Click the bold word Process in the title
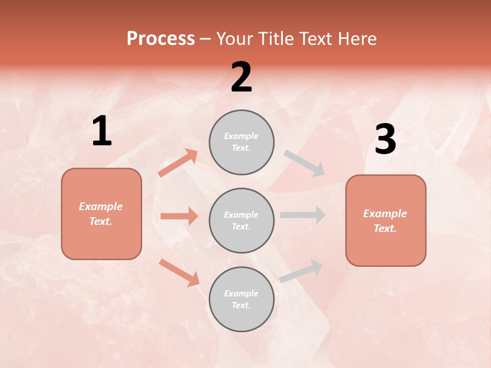pyautogui.click(x=161, y=39)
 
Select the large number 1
pyautogui.click(x=102, y=131)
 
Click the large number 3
pyautogui.click(x=385, y=139)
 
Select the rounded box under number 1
pyautogui.click(x=101, y=214)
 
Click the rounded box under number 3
pyautogui.click(x=386, y=221)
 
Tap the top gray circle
pyautogui.click(x=241, y=142)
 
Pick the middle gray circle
pyautogui.click(x=241, y=220)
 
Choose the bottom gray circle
pyautogui.click(x=241, y=299)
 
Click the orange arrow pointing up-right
pyautogui.click(x=178, y=163)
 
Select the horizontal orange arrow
pyautogui.click(x=179, y=216)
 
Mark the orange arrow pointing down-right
pyautogui.click(x=179, y=272)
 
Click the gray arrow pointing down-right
pyautogui.click(x=304, y=164)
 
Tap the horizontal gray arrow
pyautogui.click(x=302, y=215)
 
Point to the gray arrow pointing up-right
pyautogui.click(x=301, y=271)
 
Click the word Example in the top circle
pyautogui.click(x=241, y=136)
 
